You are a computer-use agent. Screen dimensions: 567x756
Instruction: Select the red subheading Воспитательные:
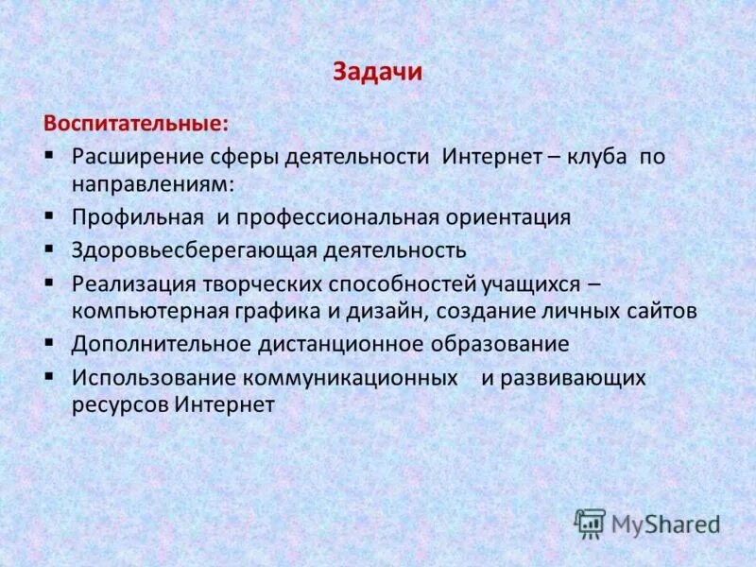coord(133,123)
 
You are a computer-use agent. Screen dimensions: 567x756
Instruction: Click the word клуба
coord(596,156)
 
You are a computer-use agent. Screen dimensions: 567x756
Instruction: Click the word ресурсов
coord(119,404)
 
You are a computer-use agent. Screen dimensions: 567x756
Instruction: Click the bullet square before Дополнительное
coord(49,342)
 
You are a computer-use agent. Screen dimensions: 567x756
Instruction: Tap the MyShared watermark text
coord(665,523)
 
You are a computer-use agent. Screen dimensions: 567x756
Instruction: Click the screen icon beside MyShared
coord(591,523)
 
